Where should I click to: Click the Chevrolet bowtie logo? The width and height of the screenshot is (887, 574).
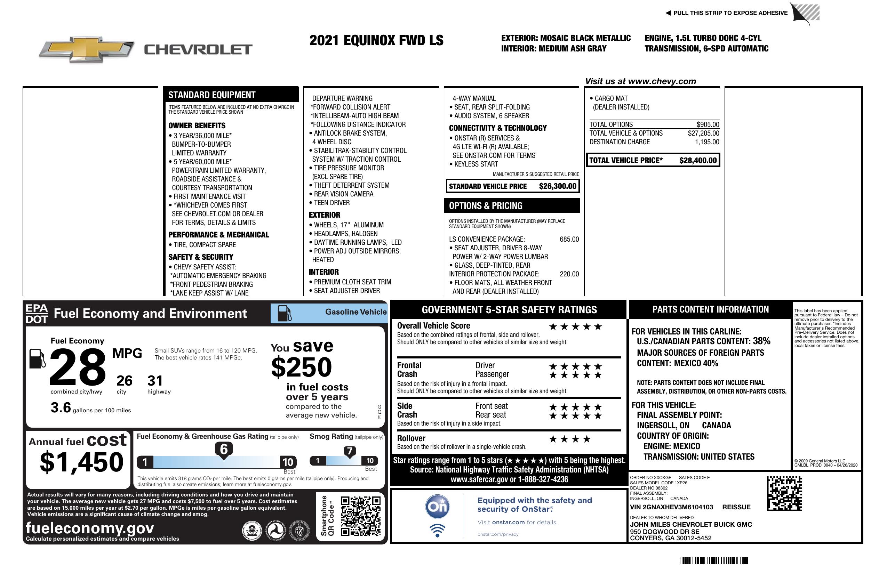[x=87, y=49]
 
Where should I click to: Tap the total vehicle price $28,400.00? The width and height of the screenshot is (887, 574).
[x=698, y=161]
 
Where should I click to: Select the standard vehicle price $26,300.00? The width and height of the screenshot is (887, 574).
[x=558, y=186]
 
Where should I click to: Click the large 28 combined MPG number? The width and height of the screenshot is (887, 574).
[x=78, y=367]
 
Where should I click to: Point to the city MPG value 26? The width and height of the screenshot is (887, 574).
[x=124, y=381]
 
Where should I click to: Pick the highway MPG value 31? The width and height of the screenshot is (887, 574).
[x=155, y=381]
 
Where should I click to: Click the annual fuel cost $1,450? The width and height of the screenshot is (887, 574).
[x=81, y=462]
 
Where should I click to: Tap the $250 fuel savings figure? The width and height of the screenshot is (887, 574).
[x=302, y=367]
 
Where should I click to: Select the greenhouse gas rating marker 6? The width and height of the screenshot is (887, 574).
[x=224, y=449]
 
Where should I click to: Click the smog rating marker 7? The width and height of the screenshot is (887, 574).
[x=350, y=451]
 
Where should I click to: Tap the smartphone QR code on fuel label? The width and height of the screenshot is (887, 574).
[x=360, y=516]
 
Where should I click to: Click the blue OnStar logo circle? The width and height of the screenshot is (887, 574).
[x=437, y=507]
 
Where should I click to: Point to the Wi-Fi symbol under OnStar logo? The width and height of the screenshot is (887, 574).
[x=437, y=530]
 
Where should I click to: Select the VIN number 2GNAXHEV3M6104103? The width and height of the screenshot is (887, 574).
[x=671, y=507]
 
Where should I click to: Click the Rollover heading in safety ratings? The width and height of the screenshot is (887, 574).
[x=411, y=438]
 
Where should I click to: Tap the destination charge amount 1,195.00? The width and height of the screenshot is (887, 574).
[x=707, y=142]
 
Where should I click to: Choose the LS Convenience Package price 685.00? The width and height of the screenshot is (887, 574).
[x=569, y=239]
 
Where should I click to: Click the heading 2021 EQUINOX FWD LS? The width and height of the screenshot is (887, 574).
[x=376, y=40]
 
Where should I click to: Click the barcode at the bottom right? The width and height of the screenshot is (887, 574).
[x=714, y=560]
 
